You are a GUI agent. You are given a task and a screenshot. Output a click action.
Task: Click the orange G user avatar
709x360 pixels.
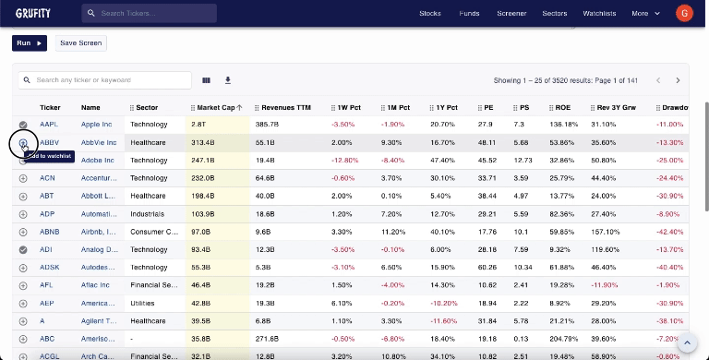(684, 13)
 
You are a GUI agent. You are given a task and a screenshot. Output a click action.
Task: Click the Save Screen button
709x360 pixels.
(81, 43)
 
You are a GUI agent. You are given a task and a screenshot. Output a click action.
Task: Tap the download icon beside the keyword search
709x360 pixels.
(228, 80)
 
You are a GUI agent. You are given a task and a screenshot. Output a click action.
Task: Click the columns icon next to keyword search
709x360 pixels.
(206, 80)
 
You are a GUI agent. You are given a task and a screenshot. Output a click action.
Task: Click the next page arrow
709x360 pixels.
(678, 80)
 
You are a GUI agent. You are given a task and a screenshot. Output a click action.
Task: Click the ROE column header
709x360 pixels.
(560, 107)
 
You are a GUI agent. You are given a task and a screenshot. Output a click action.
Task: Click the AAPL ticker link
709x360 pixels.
(48, 125)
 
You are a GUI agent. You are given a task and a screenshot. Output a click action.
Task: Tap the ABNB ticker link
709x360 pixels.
(49, 232)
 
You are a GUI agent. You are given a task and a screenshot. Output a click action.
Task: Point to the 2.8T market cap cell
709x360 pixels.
(198, 125)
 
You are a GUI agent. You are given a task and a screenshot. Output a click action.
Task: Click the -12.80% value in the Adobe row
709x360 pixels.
(342, 161)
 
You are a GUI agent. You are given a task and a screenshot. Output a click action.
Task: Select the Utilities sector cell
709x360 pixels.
(143, 303)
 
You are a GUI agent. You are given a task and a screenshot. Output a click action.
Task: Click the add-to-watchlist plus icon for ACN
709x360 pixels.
(23, 178)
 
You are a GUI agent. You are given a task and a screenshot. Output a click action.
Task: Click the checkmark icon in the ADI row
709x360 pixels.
(23, 249)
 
